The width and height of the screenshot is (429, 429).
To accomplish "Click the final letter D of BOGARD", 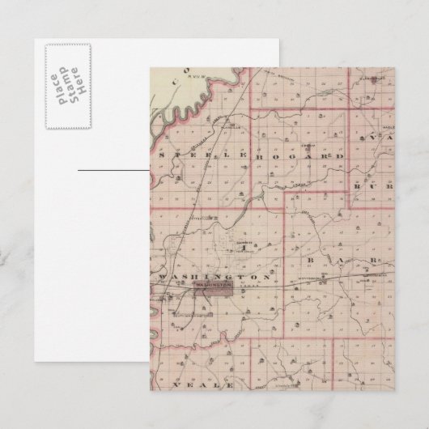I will [341, 155].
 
